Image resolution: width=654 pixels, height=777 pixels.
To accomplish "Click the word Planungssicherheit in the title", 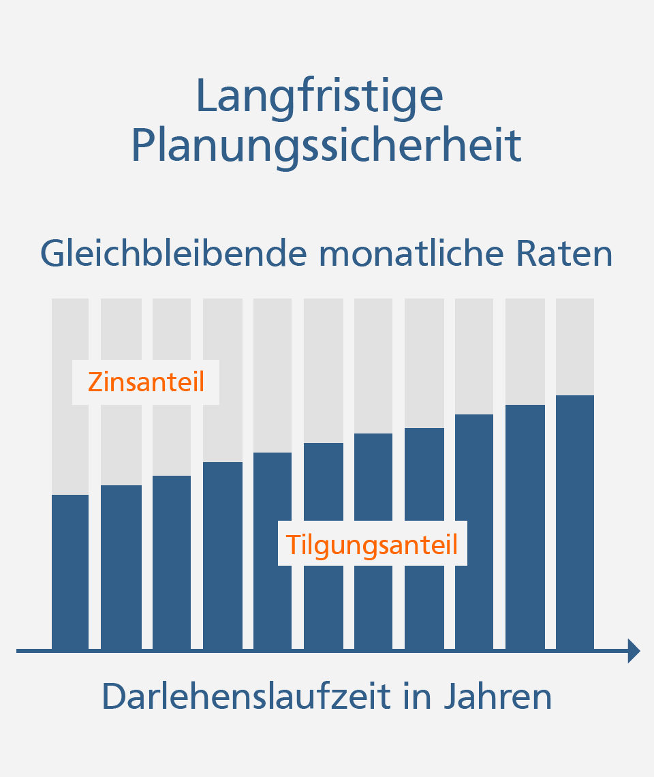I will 326,144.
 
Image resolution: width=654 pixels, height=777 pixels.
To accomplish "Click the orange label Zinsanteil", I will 146,382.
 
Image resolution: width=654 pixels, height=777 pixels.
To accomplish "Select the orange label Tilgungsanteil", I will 372,545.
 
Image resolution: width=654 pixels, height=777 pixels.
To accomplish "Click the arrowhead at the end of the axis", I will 634,651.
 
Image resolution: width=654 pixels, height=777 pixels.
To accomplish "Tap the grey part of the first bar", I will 70,436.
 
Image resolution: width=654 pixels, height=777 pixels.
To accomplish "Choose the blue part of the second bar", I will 121,566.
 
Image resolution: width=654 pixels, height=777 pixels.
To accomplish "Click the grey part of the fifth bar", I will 272,375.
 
